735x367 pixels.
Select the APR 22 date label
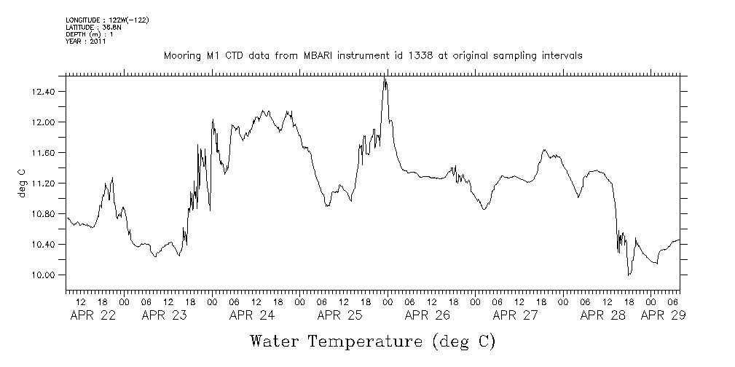pyautogui.click(x=90, y=315)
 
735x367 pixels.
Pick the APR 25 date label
pyautogui.click(x=339, y=315)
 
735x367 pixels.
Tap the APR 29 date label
pyautogui.click(x=662, y=315)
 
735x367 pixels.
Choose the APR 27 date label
pyautogui.click(x=515, y=315)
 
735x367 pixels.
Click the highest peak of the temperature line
pyautogui.click(x=385, y=77)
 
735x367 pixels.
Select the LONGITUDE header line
pyautogui.click(x=107, y=20)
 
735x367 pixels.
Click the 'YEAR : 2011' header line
pyautogui.click(x=86, y=42)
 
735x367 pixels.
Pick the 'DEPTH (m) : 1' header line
pyautogui.click(x=90, y=34)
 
